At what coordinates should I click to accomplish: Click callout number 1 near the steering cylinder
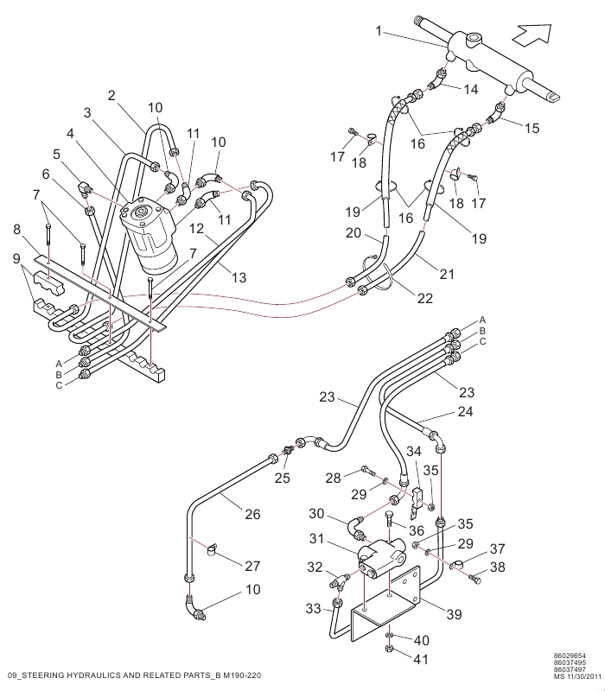[x=378, y=31]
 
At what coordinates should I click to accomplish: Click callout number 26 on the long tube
[x=252, y=514]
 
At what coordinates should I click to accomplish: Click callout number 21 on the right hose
[x=447, y=274]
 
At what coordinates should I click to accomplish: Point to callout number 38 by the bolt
[x=499, y=567]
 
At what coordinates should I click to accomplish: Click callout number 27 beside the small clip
[x=252, y=567]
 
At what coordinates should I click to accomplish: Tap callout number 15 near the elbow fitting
[x=532, y=127]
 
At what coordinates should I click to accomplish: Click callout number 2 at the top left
[x=111, y=95]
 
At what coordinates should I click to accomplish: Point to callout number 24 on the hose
[x=466, y=412]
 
